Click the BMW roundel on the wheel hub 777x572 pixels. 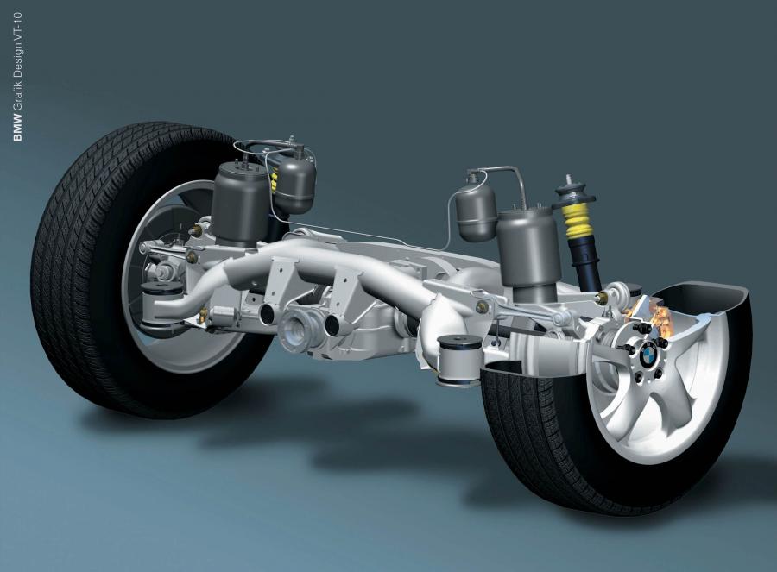tap(647, 354)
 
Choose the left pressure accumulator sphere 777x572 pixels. tap(296, 182)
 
